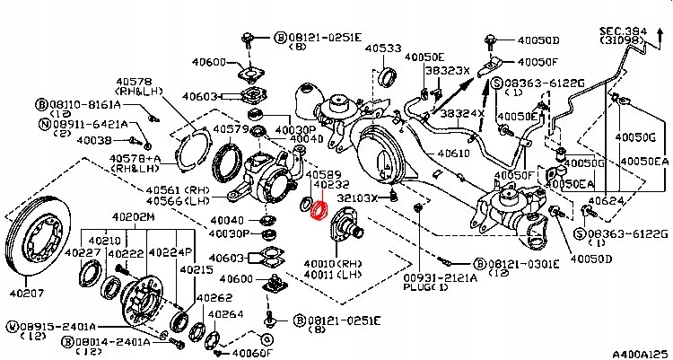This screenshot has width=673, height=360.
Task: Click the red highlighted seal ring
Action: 316,210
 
